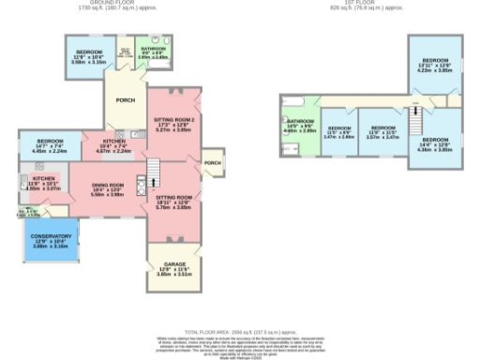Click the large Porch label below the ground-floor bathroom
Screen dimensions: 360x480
(x=123, y=99)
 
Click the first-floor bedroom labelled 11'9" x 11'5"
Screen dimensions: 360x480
(x=382, y=132)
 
